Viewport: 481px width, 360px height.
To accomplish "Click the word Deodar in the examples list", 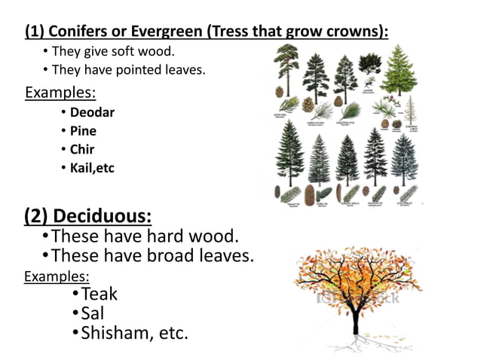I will tap(92, 113).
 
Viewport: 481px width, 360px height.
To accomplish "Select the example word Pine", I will tap(83, 131).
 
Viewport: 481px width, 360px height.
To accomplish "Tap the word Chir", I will tap(82, 149).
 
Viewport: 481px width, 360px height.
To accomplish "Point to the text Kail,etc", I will tap(92, 167).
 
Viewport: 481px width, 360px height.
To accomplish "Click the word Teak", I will tap(100, 293).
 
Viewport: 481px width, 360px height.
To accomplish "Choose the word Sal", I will tap(92, 313).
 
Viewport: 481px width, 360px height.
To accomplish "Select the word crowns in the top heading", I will tap(357, 32).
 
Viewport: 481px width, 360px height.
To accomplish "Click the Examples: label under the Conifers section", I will tap(60, 93).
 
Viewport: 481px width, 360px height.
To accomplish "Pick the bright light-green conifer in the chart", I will tap(399, 72).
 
